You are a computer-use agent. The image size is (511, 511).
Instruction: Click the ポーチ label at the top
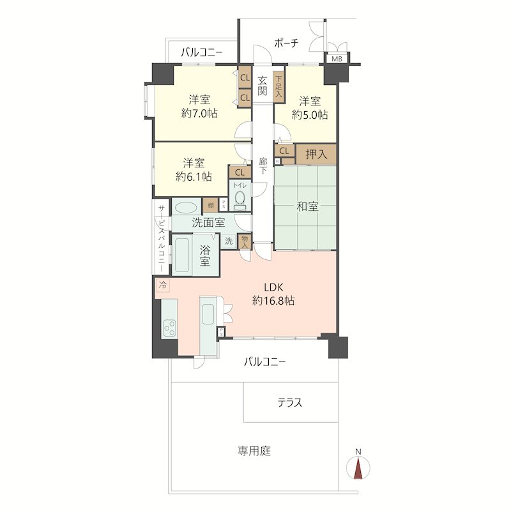click(x=286, y=43)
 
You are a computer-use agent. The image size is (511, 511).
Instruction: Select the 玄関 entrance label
click(x=263, y=86)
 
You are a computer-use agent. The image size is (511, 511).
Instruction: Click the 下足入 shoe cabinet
click(x=278, y=86)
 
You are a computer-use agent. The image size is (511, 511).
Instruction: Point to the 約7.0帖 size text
click(x=199, y=114)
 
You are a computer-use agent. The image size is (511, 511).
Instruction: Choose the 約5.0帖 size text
click(x=310, y=115)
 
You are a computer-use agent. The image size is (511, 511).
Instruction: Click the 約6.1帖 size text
click(x=194, y=176)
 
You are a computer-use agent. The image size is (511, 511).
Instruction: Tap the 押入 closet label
click(x=316, y=154)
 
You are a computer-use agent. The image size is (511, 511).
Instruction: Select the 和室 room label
click(x=307, y=206)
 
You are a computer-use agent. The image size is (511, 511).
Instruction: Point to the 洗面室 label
click(x=208, y=223)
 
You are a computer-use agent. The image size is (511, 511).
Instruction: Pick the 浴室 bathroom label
click(x=205, y=255)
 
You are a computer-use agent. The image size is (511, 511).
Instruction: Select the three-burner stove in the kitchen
click(x=169, y=328)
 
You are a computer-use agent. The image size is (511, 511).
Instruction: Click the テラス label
click(x=289, y=403)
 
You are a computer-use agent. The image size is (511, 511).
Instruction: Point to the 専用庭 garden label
click(x=255, y=451)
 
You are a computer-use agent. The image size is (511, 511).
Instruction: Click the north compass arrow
click(x=358, y=468)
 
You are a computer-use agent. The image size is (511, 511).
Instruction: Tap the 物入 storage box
click(x=244, y=241)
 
